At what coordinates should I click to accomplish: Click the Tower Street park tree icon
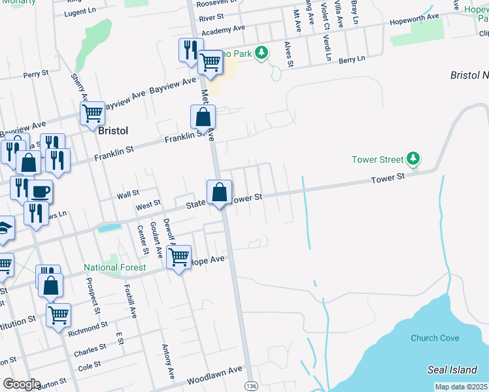tap(413, 158)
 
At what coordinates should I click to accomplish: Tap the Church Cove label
tap(435, 338)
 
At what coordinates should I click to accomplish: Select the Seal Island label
tap(455, 370)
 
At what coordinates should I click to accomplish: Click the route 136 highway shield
tap(250, 386)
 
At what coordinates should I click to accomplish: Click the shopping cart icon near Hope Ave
tap(178, 257)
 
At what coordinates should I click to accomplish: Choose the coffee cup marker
tap(41, 191)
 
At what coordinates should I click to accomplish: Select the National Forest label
tap(114, 268)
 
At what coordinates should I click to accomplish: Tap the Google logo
tap(22, 384)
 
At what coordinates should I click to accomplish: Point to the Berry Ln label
tap(352, 59)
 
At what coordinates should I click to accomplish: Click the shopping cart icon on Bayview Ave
tap(92, 113)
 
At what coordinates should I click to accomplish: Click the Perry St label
tap(36, 74)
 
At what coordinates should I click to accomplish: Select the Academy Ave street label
tap(223, 31)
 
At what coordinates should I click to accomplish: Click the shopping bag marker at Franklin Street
tap(203, 118)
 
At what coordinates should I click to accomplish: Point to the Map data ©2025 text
tap(462, 387)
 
